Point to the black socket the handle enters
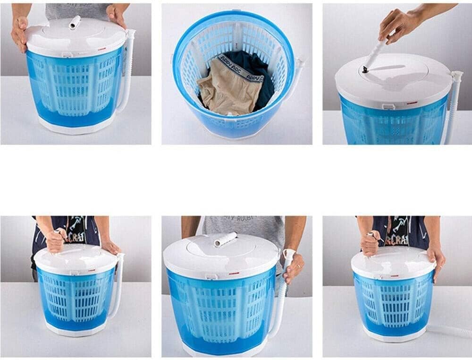point(365,70)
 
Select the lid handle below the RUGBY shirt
point(225,240)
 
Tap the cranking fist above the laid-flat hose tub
point(371,243)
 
